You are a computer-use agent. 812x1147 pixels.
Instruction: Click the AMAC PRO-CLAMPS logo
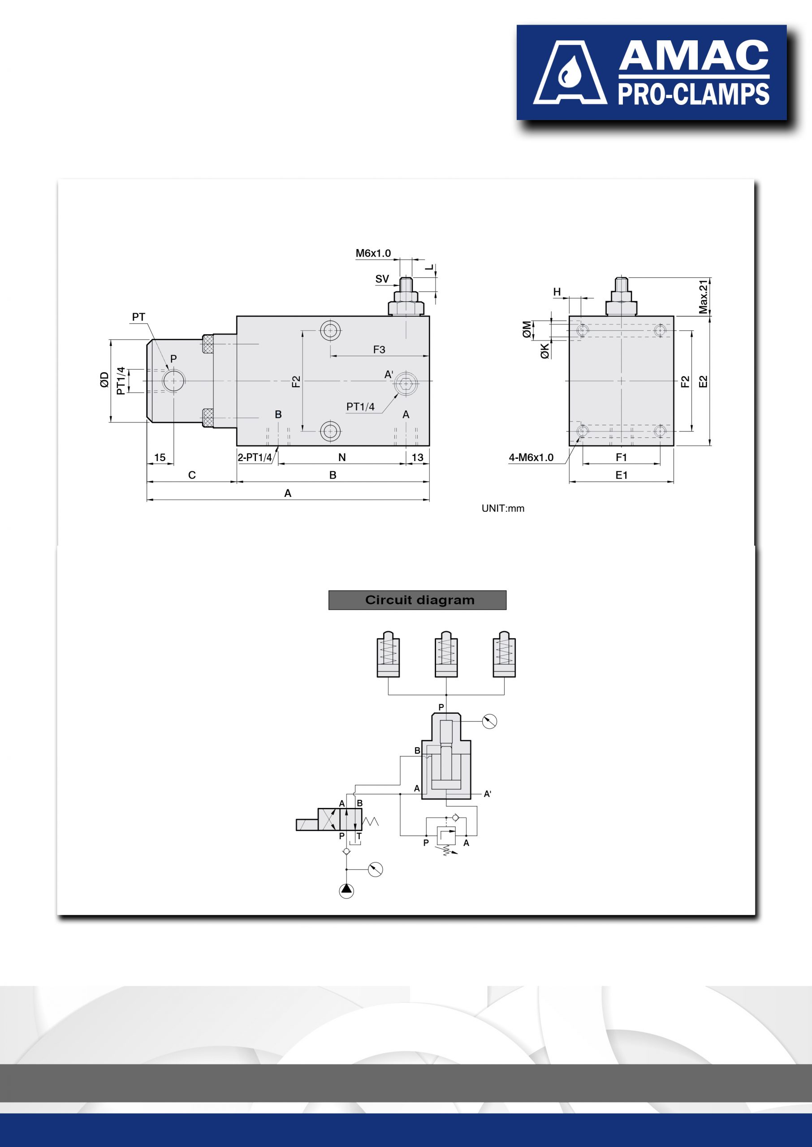pyautogui.click(x=651, y=73)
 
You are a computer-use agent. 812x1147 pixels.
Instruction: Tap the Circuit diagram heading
pyautogui.click(x=419, y=600)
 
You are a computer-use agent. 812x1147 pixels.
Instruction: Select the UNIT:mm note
pyautogui.click(x=503, y=508)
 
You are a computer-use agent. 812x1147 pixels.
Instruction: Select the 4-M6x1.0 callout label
pyautogui.click(x=531, y=457)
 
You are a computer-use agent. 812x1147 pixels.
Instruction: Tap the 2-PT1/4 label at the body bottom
pyautogui.click(x=255, y=457)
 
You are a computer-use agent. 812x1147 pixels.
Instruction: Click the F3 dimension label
pyautogui.click(x=379, y=349)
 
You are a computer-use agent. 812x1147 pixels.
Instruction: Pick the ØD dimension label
pyautogui.click(x=104, y=380)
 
